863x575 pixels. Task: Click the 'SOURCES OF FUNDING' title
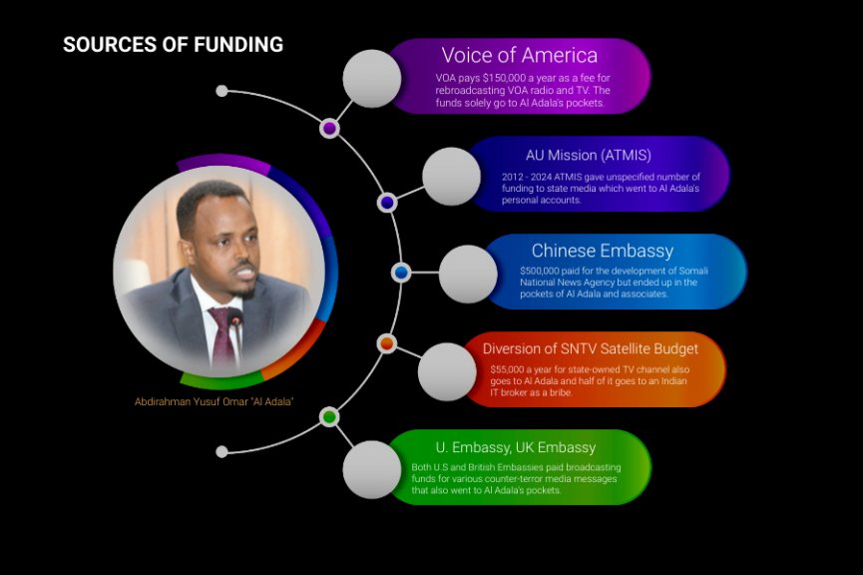click(173, 45)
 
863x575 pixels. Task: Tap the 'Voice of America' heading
click(519, 55)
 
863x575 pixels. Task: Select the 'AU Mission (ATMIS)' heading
click(588, 156)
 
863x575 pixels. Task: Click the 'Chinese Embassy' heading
click(603, 251)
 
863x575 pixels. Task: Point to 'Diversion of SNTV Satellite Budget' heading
click(590, 348)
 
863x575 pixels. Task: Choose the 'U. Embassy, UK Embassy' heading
click(515, 447)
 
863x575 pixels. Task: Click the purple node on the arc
click(329, 129)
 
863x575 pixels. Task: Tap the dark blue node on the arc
click(387, 203)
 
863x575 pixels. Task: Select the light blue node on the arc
click(401, 273)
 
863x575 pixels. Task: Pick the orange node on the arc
click(387, 343)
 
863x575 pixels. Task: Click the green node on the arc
click(329, 417)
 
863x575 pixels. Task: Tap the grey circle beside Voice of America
click(371, 79)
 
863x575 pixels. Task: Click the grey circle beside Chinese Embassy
click(468, 274)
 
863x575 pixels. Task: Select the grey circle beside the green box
click(371, 470)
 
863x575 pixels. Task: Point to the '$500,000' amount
click(540, 271)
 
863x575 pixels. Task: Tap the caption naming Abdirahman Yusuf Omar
click(214, 401)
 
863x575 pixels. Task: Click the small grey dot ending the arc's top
click(221, 91)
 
